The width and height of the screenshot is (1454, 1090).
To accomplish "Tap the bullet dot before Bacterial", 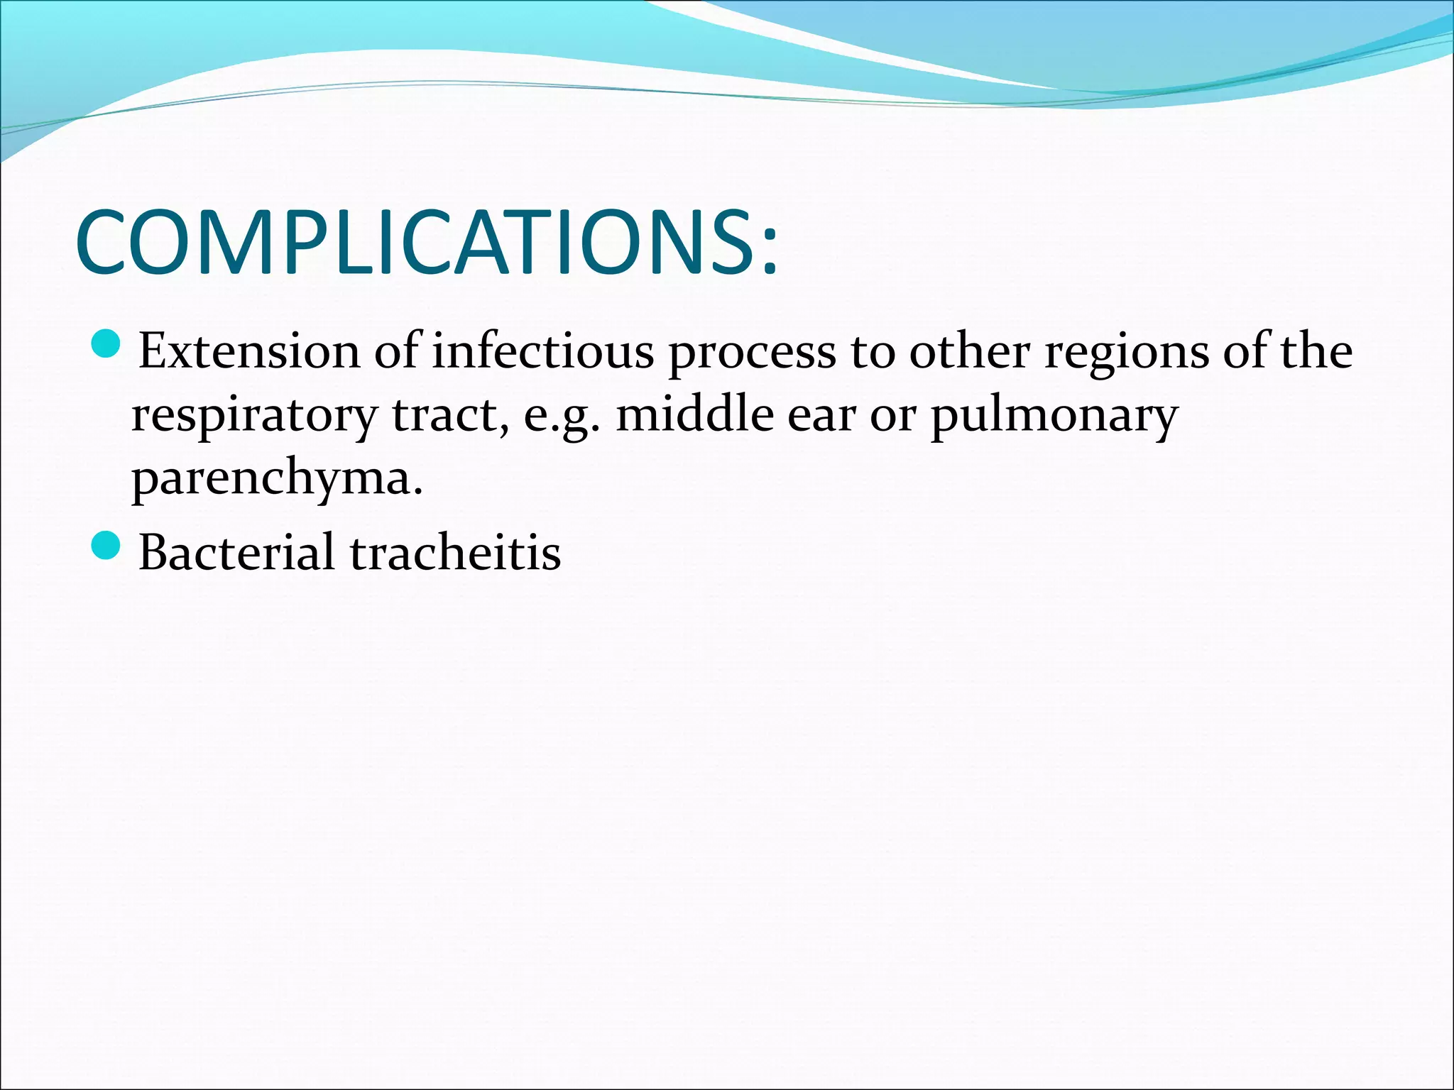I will point(108,545).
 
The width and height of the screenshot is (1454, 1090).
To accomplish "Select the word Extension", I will point(249,351).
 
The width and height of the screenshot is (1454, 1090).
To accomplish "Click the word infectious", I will point(542,351).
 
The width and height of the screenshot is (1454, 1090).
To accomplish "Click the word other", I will point(969,351).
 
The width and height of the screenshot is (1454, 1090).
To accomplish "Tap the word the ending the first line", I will point(1317,351).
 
